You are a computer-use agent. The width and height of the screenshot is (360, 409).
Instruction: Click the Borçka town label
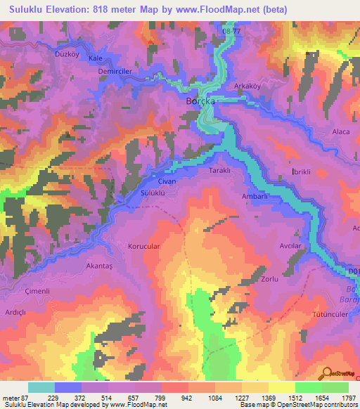199,101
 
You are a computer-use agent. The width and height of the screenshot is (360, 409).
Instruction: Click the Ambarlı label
256,197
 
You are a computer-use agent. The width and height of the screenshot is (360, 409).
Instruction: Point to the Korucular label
145,247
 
